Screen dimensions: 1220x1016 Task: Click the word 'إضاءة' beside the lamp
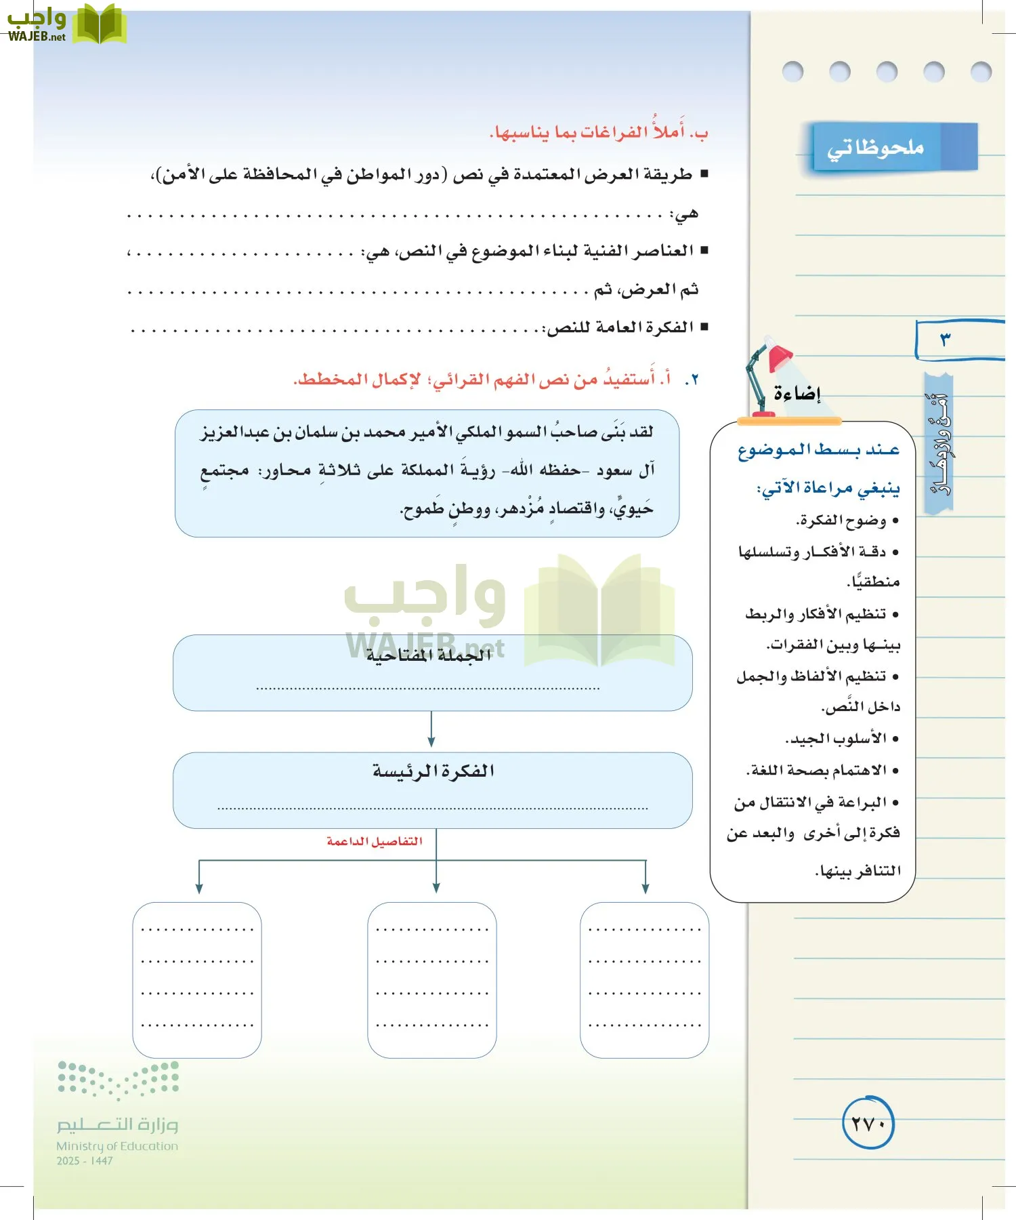(797, 393)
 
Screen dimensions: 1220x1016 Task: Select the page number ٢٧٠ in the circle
(868, 1124)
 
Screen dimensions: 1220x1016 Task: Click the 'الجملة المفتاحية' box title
(429, 655)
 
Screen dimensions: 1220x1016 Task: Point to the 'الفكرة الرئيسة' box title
(433, 771)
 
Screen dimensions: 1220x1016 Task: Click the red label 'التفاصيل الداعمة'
(375, 841)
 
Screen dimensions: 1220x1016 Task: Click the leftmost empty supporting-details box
(197, 979)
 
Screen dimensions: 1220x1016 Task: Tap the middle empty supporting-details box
(432, 979)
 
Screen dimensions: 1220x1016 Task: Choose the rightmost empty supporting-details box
(644, 979)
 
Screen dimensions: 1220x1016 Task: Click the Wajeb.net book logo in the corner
(99, 24)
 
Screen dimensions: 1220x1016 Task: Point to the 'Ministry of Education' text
(117, 1146)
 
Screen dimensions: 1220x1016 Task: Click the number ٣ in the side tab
(946, 339)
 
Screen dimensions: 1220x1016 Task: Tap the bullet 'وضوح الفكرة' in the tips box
(841, 521)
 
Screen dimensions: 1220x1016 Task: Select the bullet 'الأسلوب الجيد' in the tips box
(837, 738)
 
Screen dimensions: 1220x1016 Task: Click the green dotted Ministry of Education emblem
(118, 1078)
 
